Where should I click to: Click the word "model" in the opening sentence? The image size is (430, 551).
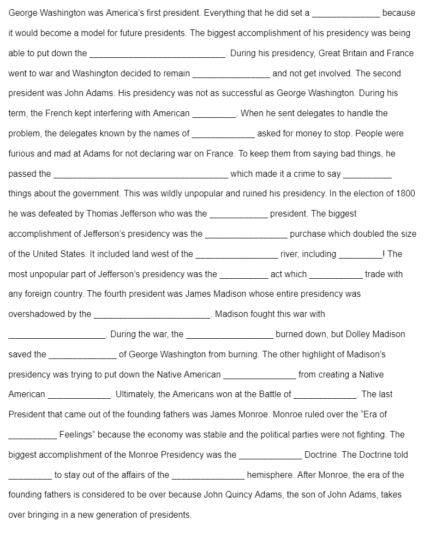pyautogui.click(x=93, y=33)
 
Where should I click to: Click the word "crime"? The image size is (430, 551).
pyautogui.click(x=301, y=173)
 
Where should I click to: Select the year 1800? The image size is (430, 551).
pyautogui.click(x=405, y=194)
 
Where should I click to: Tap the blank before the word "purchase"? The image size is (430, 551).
pyautogui.click(x=246, y=235)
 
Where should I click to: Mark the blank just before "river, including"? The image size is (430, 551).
pyautogui.click(x=237, y=255)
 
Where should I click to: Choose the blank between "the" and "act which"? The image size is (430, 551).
pyautogui.click(x=243, y=275)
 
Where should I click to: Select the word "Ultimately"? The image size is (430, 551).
pyautogui.click(x=134, y=394)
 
